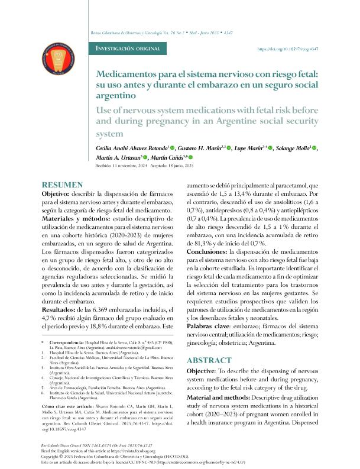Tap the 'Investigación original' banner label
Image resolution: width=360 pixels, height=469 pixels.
tap(131, 49)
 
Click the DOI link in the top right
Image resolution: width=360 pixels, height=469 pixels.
tap(288, 49)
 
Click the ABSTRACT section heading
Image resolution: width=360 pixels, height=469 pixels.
tap(208, 360)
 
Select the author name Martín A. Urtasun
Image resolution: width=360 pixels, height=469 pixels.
tap(117, 158)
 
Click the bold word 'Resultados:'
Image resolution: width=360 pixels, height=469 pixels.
tap(61, 310)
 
